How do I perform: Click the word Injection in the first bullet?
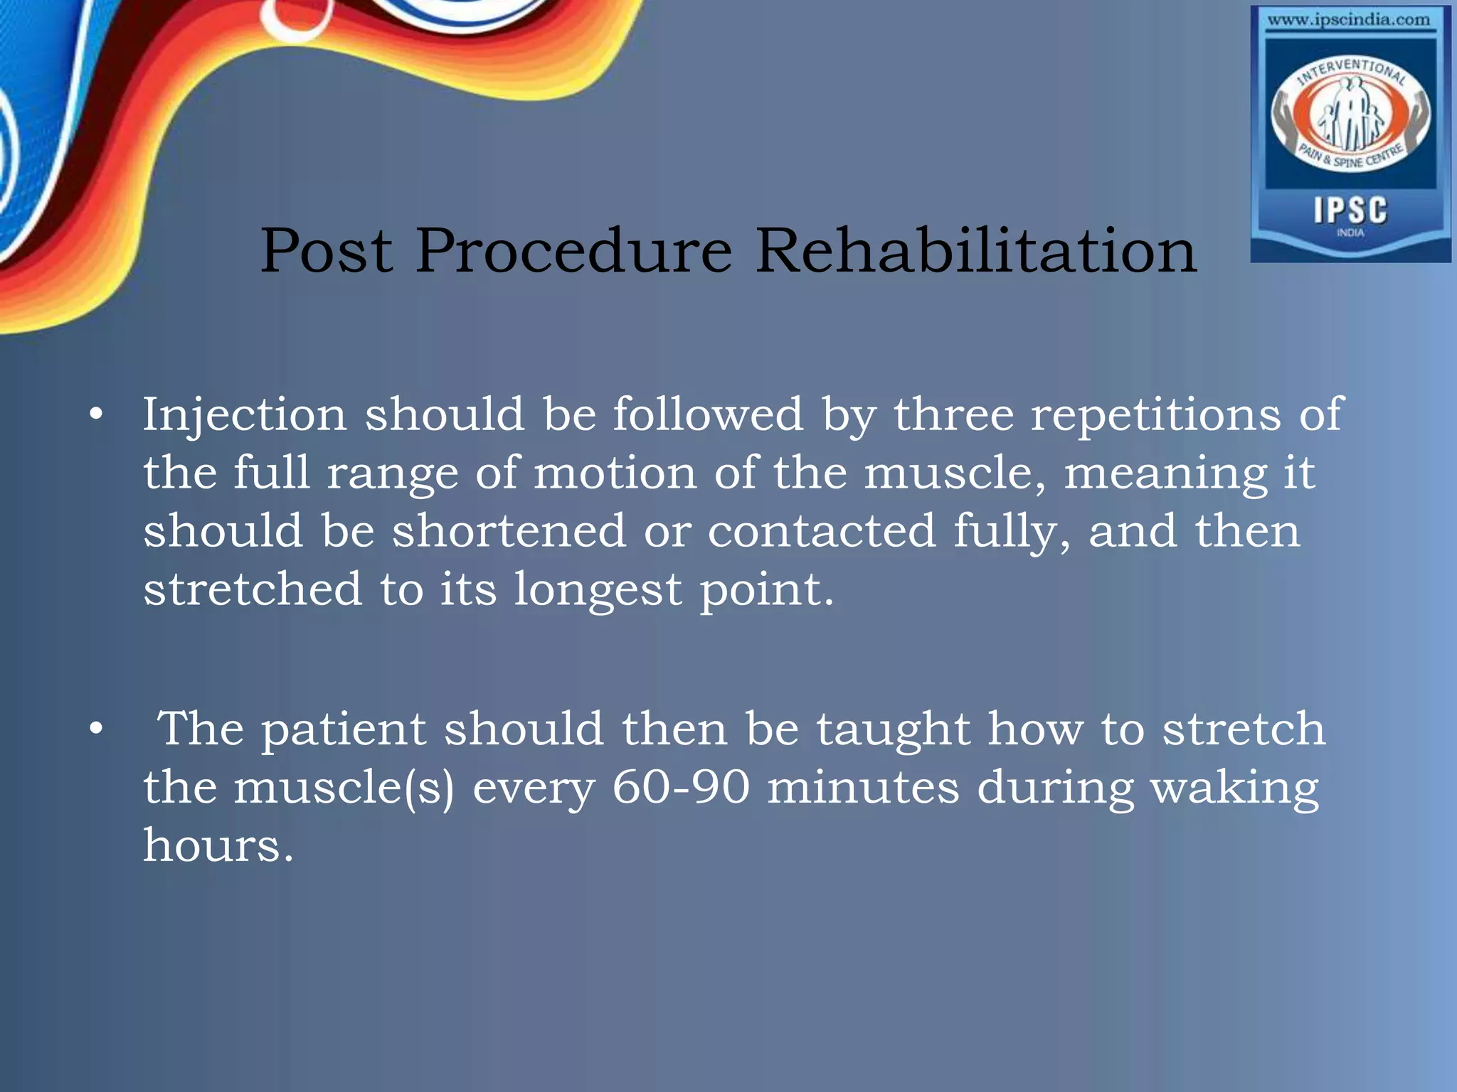tap(245, 415)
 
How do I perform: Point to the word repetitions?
tap(1156, 415)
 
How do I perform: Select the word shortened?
tap(509, 531)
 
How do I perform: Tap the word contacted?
tap(821, 531)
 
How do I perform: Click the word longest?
tap(598, 590)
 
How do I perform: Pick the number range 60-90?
tap(681, 788)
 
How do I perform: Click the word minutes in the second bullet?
tap(863, 788)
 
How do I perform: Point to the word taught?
tap(893, 730)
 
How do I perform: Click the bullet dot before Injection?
tap(97, 415)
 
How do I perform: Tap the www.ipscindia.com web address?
tap(1348, 20)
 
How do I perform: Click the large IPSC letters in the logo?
tap(1350, 210)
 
